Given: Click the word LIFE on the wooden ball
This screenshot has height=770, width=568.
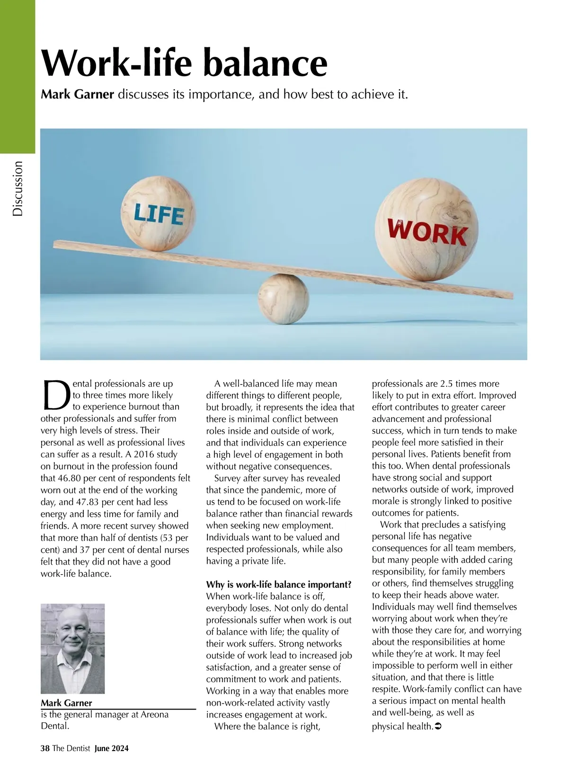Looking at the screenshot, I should (x=158, y=214).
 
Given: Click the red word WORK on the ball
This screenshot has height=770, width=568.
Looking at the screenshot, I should (x=427, y=232).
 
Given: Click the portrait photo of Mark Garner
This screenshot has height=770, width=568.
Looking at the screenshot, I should (x=72, y=648).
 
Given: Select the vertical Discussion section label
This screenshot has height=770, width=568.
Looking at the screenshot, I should (x=18, y=188).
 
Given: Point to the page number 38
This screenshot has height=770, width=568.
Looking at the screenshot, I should (x=45, y=748).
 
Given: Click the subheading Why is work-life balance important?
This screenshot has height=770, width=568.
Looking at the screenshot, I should (x=279, y=585).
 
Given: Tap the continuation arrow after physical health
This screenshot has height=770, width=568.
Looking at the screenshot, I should (x=438, y=726).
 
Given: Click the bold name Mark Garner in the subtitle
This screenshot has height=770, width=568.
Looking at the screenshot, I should (x=78, y=94).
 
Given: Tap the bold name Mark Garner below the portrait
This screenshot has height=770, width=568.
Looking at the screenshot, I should (x=66, y=703).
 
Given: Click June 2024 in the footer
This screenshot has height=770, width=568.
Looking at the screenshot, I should (x=111, y=748).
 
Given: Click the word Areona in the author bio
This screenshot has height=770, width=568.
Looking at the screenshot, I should (x=154, y=714).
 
